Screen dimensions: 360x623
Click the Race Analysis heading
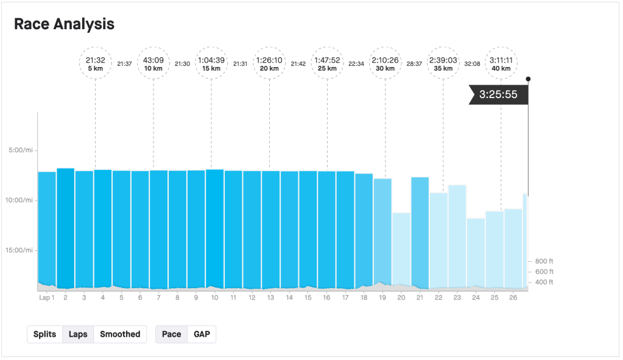64,24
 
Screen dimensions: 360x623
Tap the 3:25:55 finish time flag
498,95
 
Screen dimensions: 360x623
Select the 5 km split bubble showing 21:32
96,63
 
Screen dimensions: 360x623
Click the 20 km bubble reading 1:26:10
269,63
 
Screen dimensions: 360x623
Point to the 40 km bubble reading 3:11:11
501,63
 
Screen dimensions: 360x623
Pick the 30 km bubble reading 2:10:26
385,63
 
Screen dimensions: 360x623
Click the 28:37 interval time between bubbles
414,63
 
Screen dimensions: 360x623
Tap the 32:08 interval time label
472,63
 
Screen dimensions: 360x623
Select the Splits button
44,334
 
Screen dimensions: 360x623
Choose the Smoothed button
120,334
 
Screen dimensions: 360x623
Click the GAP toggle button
202,334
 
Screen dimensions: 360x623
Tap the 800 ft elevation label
544,261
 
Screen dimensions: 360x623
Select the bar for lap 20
401,250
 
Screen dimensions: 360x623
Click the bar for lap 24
476,252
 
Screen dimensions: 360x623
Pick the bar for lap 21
420,231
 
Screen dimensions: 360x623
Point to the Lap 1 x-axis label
46,297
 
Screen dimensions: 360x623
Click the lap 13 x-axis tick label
270,297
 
